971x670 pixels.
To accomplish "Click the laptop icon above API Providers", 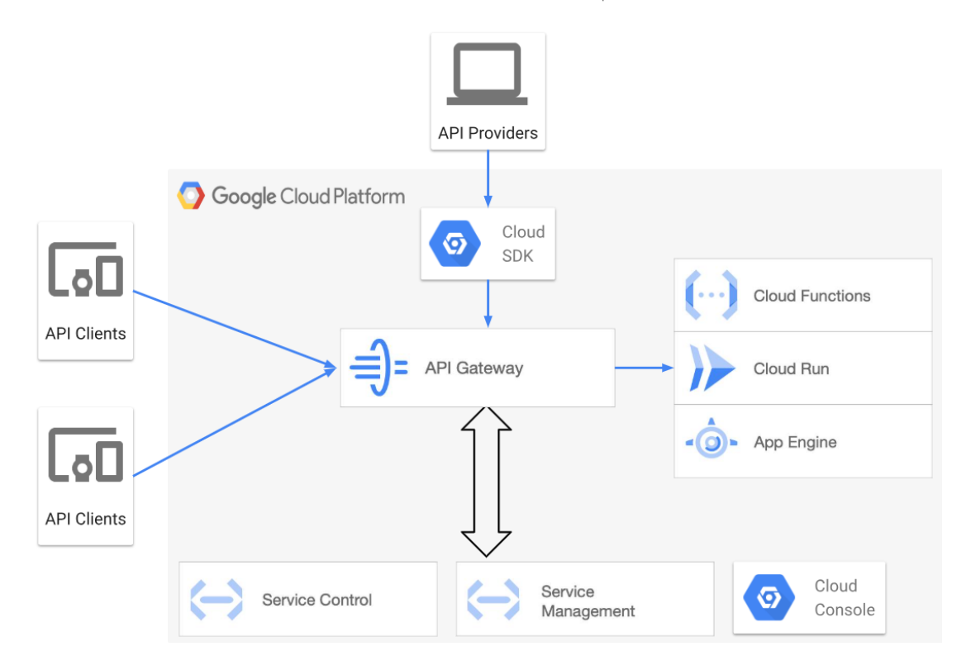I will (x=487, y=74).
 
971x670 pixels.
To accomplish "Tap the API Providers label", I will (x=488, y=133).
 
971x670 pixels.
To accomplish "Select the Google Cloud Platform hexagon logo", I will (x=191, y=197).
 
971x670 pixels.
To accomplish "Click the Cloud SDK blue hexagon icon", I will (x=455, y=244).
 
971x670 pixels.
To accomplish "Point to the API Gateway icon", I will (x=378, y=368).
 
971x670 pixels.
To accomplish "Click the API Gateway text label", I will (x=474, y=368).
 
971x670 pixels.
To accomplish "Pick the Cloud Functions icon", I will (x=711, y=295).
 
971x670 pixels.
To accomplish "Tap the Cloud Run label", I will (x=791, y=368).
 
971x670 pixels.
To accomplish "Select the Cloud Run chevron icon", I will (x=711, y=368).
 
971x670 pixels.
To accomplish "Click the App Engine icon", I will (x=711, y=442).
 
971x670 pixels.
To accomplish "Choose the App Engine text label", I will (x=795, y=442).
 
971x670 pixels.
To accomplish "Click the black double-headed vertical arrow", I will (x=486, y=481).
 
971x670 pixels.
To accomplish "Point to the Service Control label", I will (x=317, y=600).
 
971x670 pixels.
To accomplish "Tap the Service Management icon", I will (x=493, y=600).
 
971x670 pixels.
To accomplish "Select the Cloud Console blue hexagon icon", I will (x=769, y=597).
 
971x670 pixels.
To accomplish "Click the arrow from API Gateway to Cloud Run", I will (x=645, y=368).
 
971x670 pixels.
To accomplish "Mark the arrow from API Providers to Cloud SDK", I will (x=488, y=178).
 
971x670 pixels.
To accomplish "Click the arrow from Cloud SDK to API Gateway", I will (x=488, y=303).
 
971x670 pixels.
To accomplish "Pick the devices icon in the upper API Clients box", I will (x=85, y=270).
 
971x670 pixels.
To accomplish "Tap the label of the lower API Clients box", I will (x=86, y=519).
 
